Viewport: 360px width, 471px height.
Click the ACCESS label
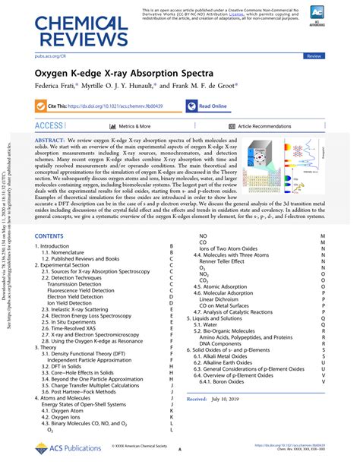49,126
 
